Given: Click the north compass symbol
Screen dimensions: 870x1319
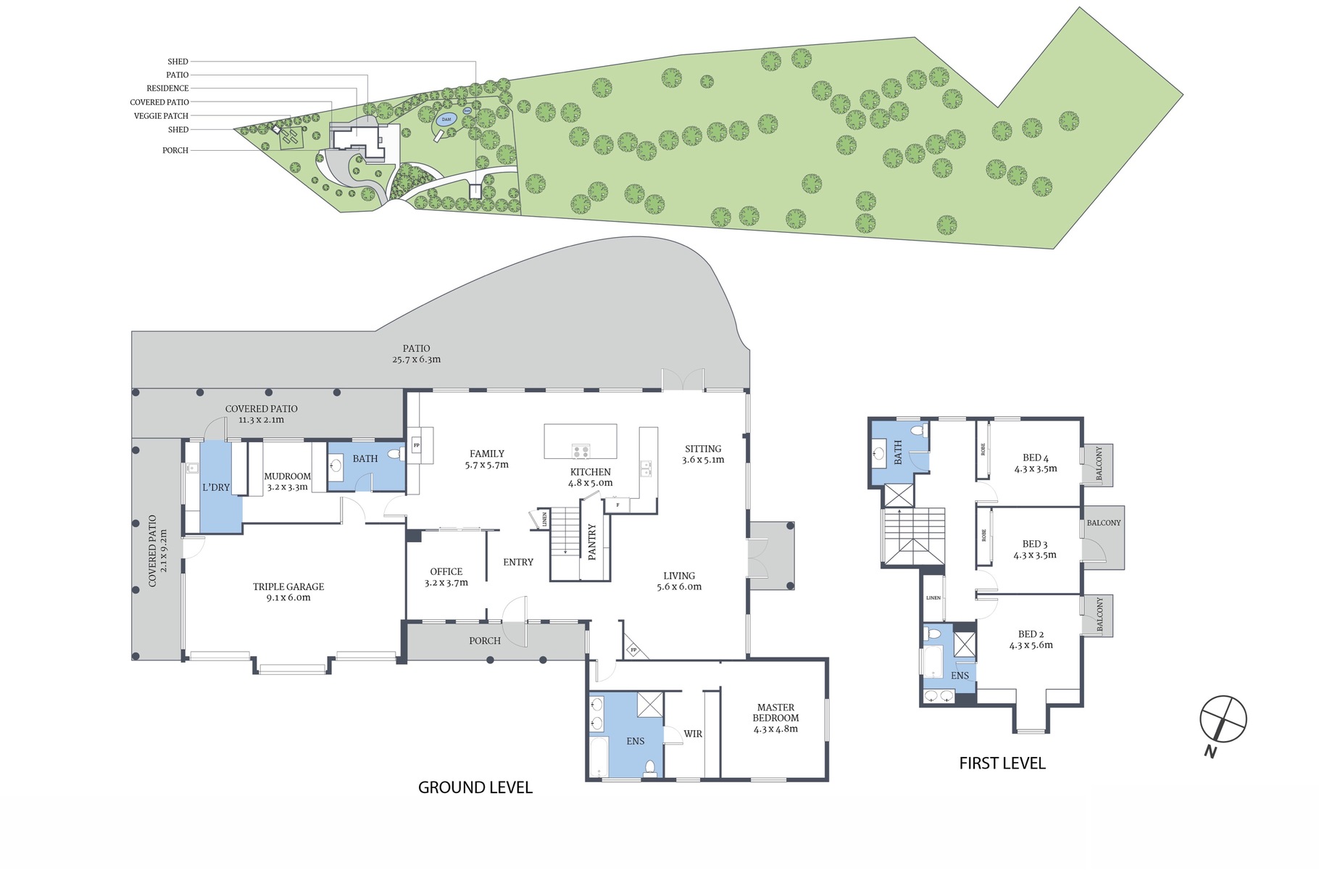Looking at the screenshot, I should click(1223, 719).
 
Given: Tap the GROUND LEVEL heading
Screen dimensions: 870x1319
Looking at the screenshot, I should click(475, 787).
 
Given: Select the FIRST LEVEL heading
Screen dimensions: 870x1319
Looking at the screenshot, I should click(1002, 763).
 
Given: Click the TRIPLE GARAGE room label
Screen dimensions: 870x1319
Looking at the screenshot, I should click(288, 592).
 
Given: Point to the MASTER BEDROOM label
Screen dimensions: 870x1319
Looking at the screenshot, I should click(775, 718).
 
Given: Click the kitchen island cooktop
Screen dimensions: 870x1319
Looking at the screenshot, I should click(581, 451).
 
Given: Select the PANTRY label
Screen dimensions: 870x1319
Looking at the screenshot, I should click(592, 542).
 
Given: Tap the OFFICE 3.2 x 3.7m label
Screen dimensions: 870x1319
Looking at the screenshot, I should click(446, 577).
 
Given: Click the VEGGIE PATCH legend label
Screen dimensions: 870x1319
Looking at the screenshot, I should click(161, 116).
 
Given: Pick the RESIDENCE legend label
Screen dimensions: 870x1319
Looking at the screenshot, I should click(167, 88).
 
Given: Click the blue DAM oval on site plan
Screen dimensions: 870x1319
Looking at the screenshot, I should click(446, 119).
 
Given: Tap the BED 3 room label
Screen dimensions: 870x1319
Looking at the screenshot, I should click(1035, 549).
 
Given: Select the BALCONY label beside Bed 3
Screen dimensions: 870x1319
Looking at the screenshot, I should click(1103, 523).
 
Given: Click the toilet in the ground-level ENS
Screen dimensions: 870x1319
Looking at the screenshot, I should click(650, 768).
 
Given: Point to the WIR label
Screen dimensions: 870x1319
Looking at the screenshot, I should click(693, 734).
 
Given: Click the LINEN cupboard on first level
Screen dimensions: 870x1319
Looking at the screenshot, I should click(933, 597).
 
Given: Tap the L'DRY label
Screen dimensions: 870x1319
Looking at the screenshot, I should click(216, 487).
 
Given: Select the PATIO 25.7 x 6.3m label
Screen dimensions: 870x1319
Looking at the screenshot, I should click(416, 354).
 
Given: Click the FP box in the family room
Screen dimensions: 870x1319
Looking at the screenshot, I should click(416, 445).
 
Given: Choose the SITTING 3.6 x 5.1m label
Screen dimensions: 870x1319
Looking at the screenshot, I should click(702, 454).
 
